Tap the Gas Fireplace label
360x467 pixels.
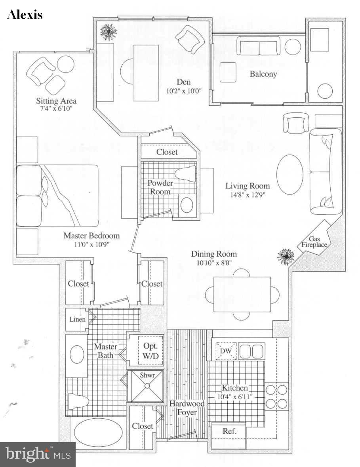(x=314, y=241)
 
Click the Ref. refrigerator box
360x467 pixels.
(x=229, y=431)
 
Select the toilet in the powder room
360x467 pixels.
(x=185, y=173)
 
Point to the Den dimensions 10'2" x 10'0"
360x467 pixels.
(x=184, y=91)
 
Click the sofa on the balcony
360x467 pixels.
(x=259, y=46)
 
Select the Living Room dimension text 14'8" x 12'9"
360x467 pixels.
(x=248, y=195)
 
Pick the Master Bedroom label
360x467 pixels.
(x=91, y=236)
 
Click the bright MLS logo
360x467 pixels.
(x=38, y=454)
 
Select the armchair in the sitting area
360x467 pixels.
(x=41, y=70)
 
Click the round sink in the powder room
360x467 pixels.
(x=187, y=205)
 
